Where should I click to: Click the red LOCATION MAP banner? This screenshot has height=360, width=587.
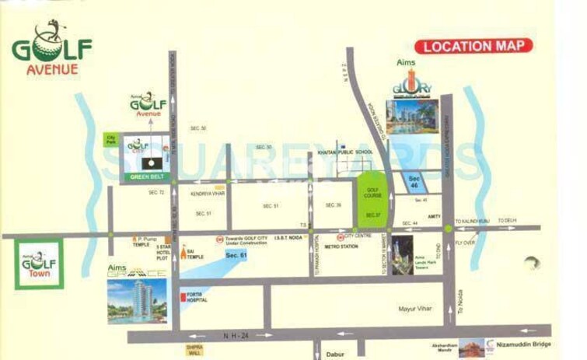[473, 46]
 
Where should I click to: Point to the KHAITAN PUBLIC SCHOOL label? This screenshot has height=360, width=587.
[345, 152]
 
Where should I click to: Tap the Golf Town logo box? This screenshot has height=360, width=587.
[39, 263]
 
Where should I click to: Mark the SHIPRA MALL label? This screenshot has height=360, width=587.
[194, 351]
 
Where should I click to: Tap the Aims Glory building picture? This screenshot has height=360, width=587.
[413, 117]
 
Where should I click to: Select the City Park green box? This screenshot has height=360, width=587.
[111, 139]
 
